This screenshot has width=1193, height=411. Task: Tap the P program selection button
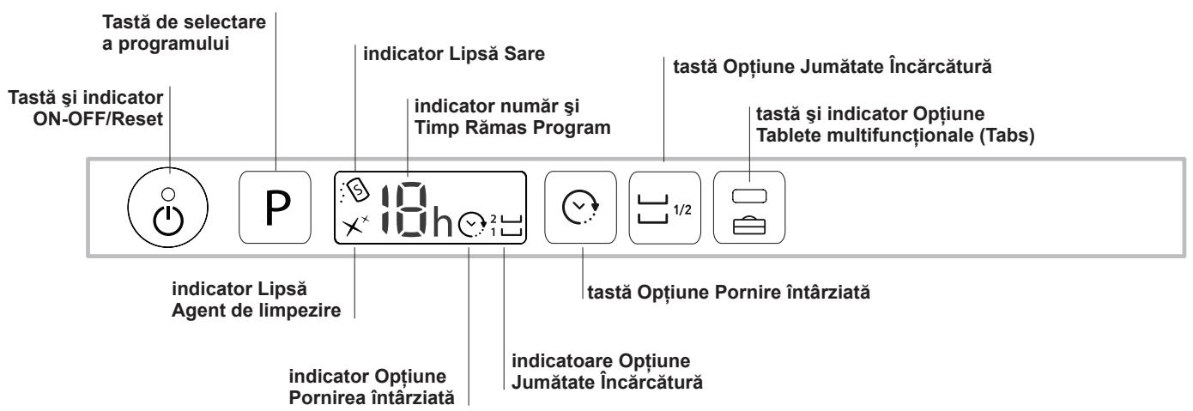tap(275, 207)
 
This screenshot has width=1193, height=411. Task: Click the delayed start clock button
tap(580, 207)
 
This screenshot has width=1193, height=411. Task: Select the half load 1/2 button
tap(664, 208)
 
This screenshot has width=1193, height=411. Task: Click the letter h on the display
tap(441, 222)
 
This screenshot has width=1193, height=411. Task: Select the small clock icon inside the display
tap(472, 224)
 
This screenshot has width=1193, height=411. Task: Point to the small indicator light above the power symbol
tap(168, 194)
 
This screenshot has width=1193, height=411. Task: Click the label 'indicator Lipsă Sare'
tap(454, 54)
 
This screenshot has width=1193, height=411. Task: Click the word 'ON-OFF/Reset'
tap(98, 119)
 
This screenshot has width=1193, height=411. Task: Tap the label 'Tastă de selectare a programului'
tap(184, 33)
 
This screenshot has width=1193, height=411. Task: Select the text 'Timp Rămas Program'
tap(512, 128)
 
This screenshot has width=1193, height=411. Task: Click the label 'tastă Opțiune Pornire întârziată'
tap(729, 293)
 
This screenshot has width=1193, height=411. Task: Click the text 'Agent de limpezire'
tap(256, 311)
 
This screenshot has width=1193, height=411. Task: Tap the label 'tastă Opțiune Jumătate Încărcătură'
tap(833, 67)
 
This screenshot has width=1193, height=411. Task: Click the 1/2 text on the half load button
tap(682, 209)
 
